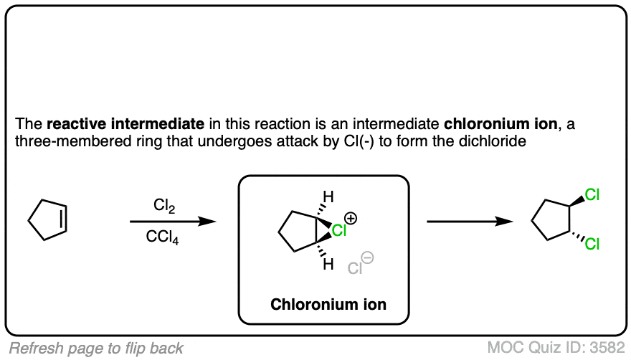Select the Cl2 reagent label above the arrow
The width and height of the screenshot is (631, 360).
(164, 206)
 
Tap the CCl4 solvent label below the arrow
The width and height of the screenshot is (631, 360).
(164, 237)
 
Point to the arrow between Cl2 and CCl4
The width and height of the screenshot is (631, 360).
(173, 222)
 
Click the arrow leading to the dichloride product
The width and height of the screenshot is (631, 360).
(470, 222)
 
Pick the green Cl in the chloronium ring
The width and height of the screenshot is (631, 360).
(339, 231)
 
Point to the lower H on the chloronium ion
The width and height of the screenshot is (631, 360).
(328, 265)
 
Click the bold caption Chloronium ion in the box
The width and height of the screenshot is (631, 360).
(328, 304)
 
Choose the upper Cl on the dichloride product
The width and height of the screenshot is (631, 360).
(592, 194)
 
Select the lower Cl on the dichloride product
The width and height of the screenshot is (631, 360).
(592, 245)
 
